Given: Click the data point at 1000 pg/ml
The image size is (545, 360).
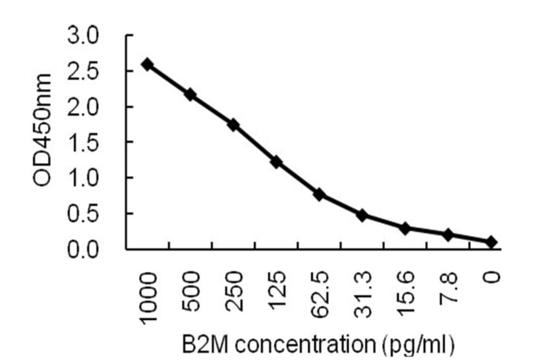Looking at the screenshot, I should click(147, 64).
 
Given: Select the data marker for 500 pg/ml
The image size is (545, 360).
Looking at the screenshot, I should click(190, 95).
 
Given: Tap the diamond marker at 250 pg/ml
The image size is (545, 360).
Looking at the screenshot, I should click(233, 125).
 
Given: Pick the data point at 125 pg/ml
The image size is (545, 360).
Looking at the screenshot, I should click(276, 162).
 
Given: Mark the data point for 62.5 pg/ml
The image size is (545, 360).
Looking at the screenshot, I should click(319, 195).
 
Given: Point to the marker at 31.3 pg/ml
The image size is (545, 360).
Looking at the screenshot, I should click(362, 215).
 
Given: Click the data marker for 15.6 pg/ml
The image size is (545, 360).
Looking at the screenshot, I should click(405, 228).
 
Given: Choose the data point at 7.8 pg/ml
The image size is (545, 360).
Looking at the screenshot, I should click(448, 235).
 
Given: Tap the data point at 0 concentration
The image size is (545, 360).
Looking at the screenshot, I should click(491, 242).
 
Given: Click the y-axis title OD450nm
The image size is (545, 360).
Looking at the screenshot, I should click(42, 130).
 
